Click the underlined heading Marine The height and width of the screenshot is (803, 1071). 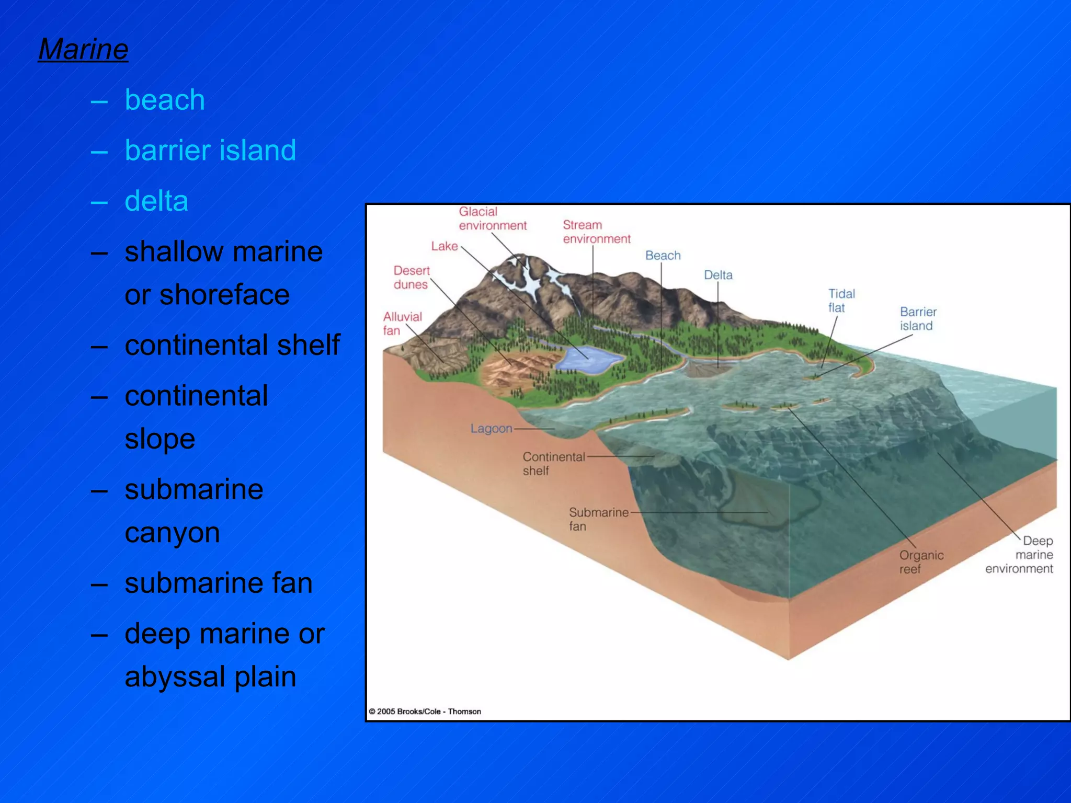coord(83,50)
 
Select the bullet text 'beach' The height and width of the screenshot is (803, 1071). coord(164,100)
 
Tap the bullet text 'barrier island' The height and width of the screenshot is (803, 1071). coord(210,151)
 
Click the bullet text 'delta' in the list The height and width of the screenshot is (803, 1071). coord(156,201)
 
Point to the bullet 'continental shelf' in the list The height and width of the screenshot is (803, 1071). coord(232,345)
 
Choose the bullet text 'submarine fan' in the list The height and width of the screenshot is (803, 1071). coord(218,583)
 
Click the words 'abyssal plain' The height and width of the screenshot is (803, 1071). coord(210,676)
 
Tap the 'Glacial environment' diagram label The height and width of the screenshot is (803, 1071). coord(492,219)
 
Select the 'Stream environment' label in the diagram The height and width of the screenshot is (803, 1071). coord(596,232)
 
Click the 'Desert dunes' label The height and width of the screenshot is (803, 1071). coord(411,278)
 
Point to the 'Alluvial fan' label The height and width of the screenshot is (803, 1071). coord(402,324)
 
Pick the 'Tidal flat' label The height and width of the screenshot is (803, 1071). coord(841,301)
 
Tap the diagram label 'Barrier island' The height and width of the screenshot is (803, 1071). coord(918,319)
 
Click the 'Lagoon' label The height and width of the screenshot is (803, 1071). coord(491,429)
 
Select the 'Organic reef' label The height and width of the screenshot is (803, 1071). coord(921,562)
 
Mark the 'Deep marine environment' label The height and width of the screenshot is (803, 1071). coord(1020,555)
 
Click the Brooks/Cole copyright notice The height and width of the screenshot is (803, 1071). coord(425,712)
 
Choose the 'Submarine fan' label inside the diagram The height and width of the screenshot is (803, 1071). coord(598,519)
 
